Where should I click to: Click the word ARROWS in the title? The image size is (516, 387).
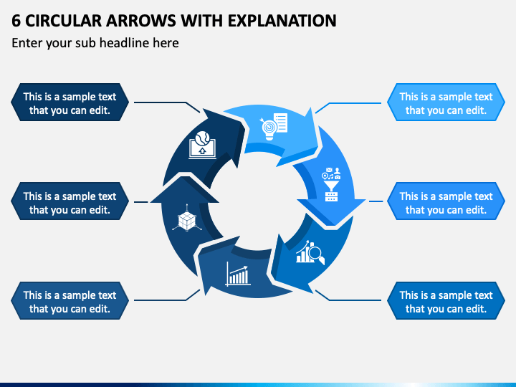[141, 21]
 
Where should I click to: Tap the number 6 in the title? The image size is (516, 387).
[16, 21]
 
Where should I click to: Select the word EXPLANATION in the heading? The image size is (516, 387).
[282, 21]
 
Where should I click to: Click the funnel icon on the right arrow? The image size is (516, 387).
[331, 184]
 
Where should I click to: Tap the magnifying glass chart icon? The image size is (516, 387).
[310, 252]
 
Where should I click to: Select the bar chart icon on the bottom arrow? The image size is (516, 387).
[238, 274]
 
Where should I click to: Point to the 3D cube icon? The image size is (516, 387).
[187, 218]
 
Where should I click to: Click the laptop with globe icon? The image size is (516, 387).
[202, 145]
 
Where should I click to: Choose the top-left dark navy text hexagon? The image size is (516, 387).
[70, 102]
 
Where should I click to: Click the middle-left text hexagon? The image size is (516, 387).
[70, 201]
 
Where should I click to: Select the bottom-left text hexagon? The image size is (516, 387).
[70, 300]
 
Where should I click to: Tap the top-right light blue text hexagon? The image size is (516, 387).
[446, 102]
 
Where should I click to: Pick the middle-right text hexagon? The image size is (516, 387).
[446, 201]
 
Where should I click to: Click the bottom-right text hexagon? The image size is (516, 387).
[446, 300]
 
